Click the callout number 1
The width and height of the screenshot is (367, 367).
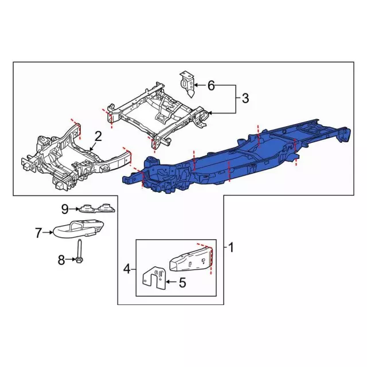[232, 248]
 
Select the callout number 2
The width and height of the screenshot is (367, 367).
[98, 136]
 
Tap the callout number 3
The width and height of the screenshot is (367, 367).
[245, 98]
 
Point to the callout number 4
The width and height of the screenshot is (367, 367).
[127, 267]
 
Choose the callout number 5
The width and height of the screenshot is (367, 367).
[182, 282]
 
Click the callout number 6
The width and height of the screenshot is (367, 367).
[211, 86]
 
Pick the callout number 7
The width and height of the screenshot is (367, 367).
[38, 233]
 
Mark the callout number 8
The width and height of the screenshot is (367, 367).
[62, 261]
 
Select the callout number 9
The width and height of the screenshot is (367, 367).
[65, 208]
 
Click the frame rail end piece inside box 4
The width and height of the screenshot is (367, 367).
[191, 260]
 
